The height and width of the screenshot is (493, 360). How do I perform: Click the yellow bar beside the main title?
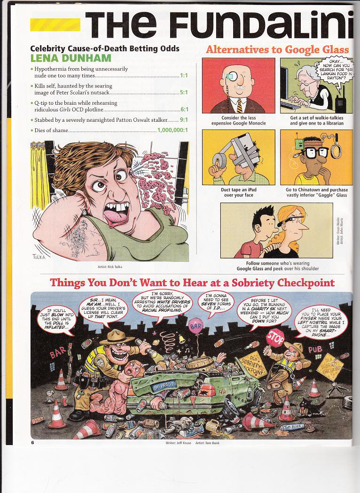tap(55, 24)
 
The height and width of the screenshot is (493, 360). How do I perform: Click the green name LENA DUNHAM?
tap(70, 58)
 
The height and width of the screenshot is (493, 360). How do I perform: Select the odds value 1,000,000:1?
tap(172, 130)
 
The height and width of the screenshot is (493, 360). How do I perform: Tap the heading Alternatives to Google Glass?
tap(277, 49)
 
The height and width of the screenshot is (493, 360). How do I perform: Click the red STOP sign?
tap(276, 336)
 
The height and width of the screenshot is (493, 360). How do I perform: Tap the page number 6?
tap(33, 442)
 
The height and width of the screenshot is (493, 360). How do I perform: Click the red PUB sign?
tap(315, 349)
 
